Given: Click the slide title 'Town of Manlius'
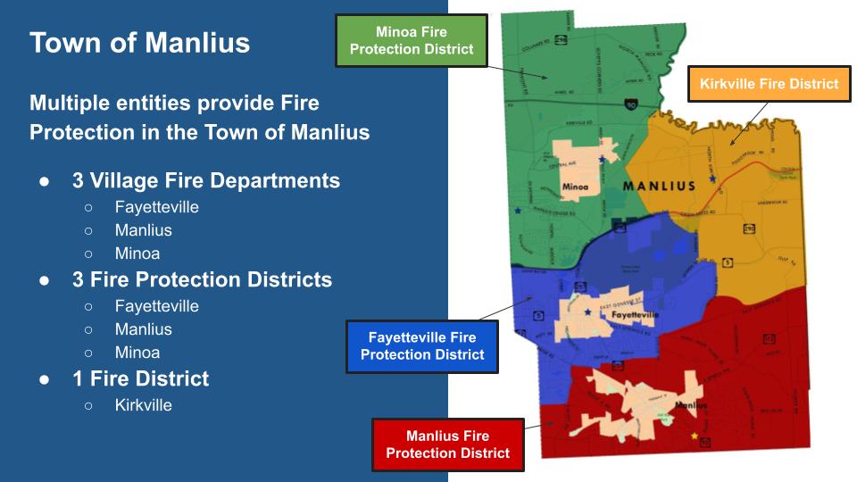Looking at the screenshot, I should click(x=139, y=43).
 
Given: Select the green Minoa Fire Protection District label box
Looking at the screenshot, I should click(x=411, y=40).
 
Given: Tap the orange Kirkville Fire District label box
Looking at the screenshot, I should click(x=769, y=84).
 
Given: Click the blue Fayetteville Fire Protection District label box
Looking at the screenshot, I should click(x=421, y=346).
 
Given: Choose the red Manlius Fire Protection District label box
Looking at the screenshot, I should click(x=447, y=445).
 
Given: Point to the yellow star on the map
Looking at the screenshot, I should click(x=695, y=436).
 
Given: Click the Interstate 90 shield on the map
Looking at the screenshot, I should click(x=631, y=104).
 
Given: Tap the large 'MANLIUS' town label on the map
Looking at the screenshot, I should click(x=658, y=187).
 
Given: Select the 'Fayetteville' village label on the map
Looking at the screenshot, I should click(x=635, y=315).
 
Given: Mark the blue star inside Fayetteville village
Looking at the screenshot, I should click(x=587, y=312).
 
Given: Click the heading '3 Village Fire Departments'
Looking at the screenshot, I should click(x=205, y=180).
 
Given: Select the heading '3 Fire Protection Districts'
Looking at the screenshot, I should click(x=202, y=279).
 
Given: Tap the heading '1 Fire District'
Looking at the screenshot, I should click(x=140, y=378).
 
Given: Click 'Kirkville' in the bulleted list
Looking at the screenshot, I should click(x=143, y=405).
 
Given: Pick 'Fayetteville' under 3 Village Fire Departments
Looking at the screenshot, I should click(x=156, y=207).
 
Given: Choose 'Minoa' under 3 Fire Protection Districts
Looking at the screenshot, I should click(x=137, y=353).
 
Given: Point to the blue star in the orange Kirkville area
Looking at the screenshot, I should click(x=712, y=179).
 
